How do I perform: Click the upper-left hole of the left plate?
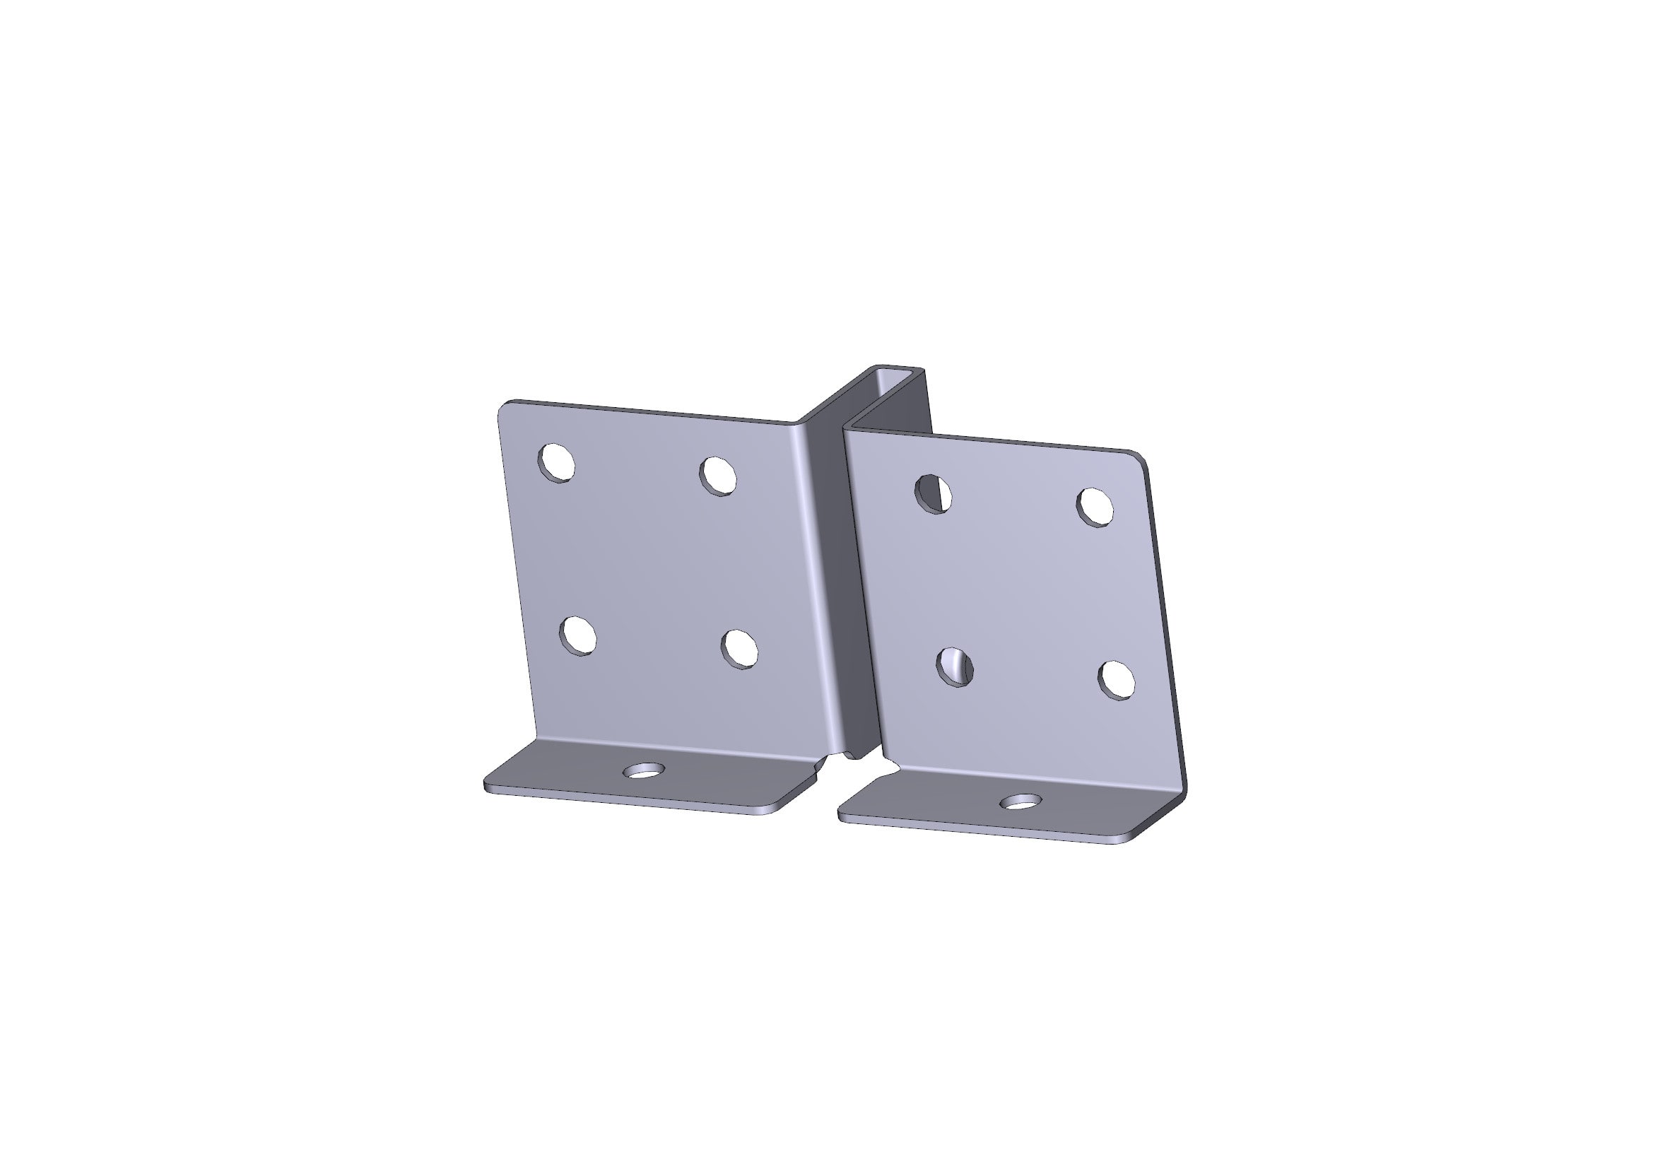(x=555, y=462)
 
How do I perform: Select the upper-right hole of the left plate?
(x=718, y=475)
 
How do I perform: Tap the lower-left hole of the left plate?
(x=578, y=635)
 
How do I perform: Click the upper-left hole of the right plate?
(x=933, y=494)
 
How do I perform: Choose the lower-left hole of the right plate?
(x=955, y=666)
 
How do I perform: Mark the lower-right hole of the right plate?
(x=1117, y=679)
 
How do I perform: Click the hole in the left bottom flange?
(x=643, y=771)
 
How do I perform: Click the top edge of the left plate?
(x=648, y=411)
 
